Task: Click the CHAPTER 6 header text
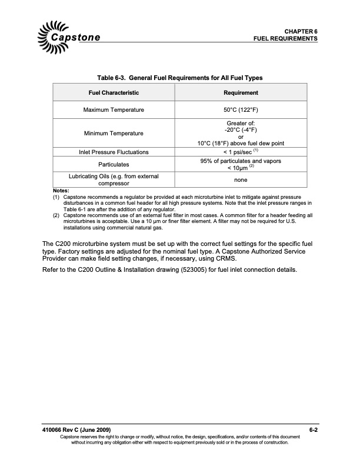coord(301,31)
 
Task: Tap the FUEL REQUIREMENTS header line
coord(286,38)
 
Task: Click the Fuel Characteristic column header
coord(114,93)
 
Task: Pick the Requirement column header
coord(241,93)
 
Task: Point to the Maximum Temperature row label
coord(114,110)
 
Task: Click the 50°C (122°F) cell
coord(241,110)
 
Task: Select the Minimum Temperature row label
coord(114,133)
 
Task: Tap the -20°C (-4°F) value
coord(241,129)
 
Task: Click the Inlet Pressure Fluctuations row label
coord(114,152)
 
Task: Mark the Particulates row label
coord(114,164)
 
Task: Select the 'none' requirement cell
coord(241,180)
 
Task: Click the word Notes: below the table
coord(61,191)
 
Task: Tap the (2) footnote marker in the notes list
coord(56,215)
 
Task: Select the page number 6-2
coord(312,430)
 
